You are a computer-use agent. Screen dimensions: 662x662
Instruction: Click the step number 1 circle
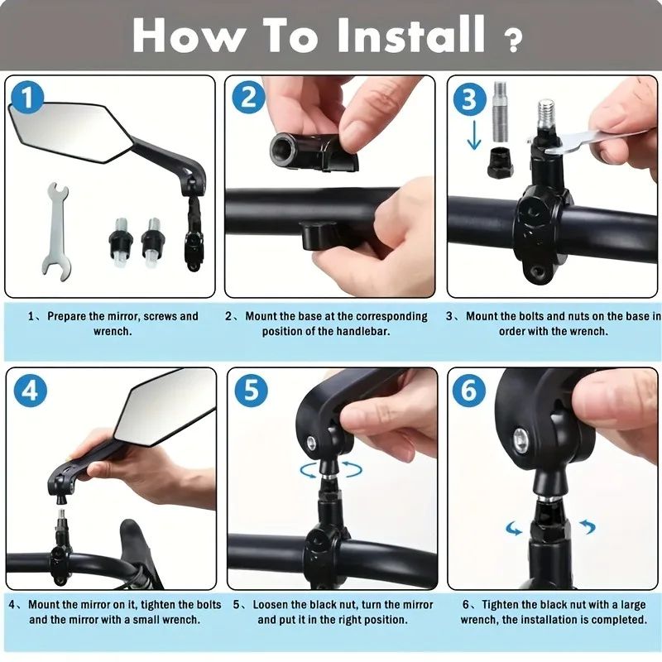(29, 100)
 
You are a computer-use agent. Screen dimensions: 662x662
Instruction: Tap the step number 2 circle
(248, 100)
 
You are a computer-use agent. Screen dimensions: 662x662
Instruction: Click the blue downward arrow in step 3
(473, 136)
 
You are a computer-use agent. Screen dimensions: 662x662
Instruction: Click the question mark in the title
(513, 40)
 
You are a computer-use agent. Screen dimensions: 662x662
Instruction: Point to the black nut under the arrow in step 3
(500, 161)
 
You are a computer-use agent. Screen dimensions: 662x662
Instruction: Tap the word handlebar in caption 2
(361, 331)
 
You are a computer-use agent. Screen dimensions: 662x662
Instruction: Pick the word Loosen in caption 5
(271, 605)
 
